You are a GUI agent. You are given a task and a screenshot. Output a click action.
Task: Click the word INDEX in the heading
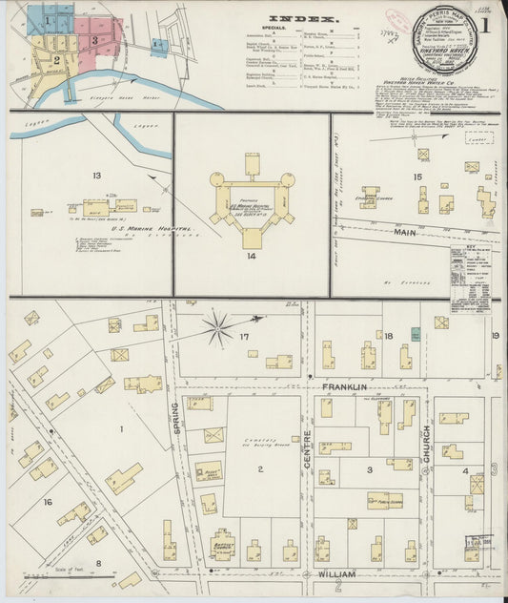tap(302, 18)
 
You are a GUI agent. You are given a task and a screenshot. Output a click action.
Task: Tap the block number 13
tap(96, 176)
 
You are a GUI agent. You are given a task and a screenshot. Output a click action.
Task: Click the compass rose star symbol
tap(217, 330)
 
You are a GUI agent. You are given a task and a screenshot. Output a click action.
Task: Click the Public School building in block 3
tap(384, 499)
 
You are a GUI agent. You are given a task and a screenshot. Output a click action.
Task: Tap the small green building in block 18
tap(416, 333)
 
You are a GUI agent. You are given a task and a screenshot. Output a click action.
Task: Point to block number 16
tap(47, 500)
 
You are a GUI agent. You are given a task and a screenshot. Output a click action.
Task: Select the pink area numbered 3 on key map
tap(95, 39)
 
